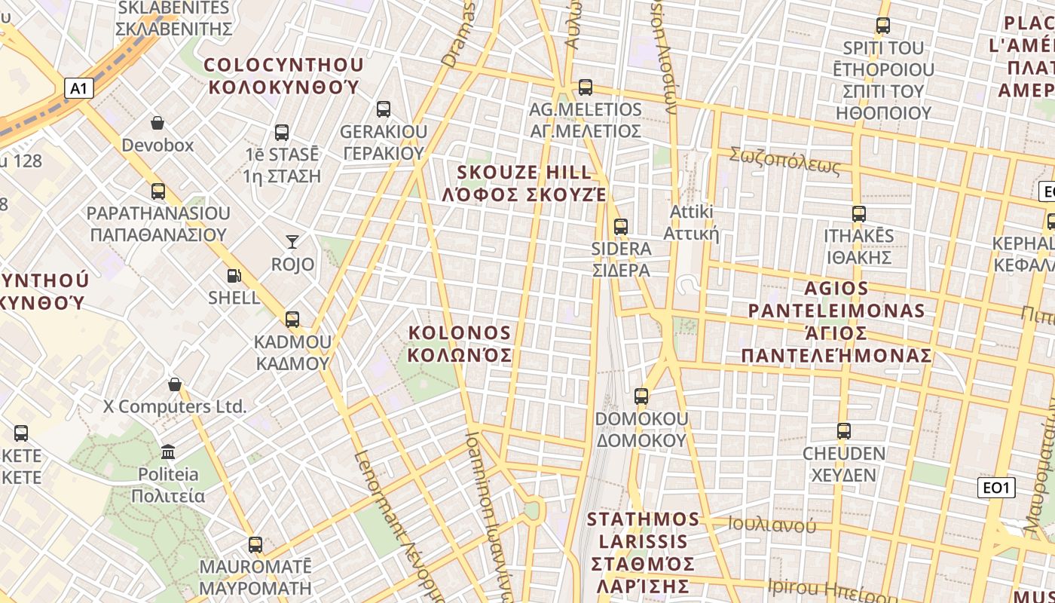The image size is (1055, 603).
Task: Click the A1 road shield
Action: pyautogui.click(x=78, y=89)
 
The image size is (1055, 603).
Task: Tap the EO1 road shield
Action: pyautogui.click(x=996, y=488)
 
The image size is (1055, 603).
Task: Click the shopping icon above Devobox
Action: pyautogui.click(x=157, y=122)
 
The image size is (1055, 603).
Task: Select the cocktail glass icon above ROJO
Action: pyautogui.click(x=292, y=241)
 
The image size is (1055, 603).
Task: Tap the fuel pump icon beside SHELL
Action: pyautogui.click(x=234, y=277)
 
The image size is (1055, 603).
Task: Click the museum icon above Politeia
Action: pyautogui.click(x=168, y=451)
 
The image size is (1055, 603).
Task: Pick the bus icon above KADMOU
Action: pyautogui.click(x=292, y=319)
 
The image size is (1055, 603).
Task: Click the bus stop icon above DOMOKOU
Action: pyautogui.click(x=641, y=396)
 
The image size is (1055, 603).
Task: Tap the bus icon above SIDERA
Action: pyautogui.click(x=621, y=226)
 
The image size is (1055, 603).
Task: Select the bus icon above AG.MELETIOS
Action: pyautogui.click(x=586, y=87)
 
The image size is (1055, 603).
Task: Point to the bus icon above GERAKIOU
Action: pyautogui.click(x=384, y=109)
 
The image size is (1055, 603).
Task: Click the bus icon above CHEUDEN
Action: pyautogui.click(x=844, y=431)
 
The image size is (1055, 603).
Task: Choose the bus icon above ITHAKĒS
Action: pyautogui.click(x=859, y=213)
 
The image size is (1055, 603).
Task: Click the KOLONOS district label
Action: pyautogui.click(x=460, y=344)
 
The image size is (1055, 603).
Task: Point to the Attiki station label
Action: pyautogui.click(x=691, y=222)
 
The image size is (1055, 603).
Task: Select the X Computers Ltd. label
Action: pyautogui.click(x=175, y=407)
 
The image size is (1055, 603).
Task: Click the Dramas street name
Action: pyautogui.click(x=460, y=35)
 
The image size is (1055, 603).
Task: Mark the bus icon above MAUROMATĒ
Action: pyautogui.click(x=255, y=544)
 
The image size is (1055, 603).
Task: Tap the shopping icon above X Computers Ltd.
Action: pyautogui.click(x=175, y=384)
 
